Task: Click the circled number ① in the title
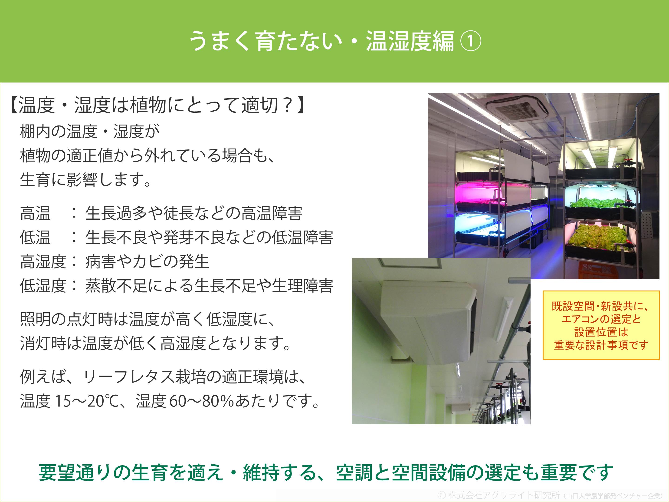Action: pyautogui.click(x=471, y=41)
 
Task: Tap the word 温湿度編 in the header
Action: pyautogui.click(x=410, y=41)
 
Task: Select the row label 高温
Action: pyautogui.click(x=35, y=213)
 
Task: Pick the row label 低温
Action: pyautogui.click(x=35, y=238)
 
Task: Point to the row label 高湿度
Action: pyautogui.click(x=43, y=262)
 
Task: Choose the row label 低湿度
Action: pyautogui.click(x=43, y=286)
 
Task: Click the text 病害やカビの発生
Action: pyautogui.click(x=147, y=262)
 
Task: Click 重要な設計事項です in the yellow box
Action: pyautogui.click(x=601, y=345)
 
